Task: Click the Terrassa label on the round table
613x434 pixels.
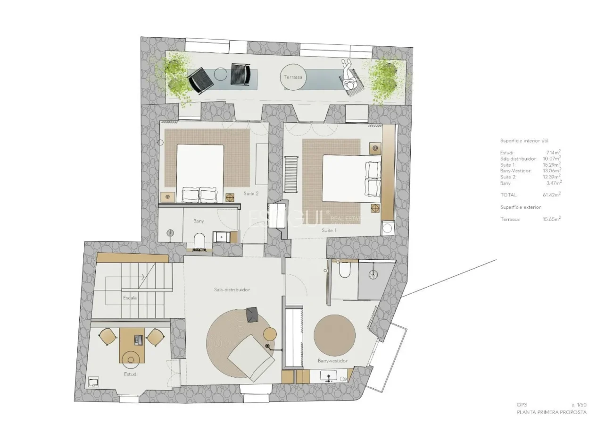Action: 293,77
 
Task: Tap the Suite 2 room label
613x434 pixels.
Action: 251,194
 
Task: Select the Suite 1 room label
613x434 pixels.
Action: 329,230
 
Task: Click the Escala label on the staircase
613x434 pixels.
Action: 130,298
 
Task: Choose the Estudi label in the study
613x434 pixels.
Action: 131,374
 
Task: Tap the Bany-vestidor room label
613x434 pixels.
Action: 332,361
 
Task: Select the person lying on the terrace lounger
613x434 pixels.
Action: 349,77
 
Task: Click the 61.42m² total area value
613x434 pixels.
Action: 551,195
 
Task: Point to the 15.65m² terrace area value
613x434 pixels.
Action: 551,219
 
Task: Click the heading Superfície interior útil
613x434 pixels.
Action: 524,141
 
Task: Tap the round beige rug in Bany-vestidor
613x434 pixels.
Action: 334,335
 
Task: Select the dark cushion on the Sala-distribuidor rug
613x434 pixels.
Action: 252,315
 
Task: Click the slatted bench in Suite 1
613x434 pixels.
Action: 290,174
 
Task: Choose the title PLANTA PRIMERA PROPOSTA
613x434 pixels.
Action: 552,412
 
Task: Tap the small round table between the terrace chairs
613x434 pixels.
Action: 221,74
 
